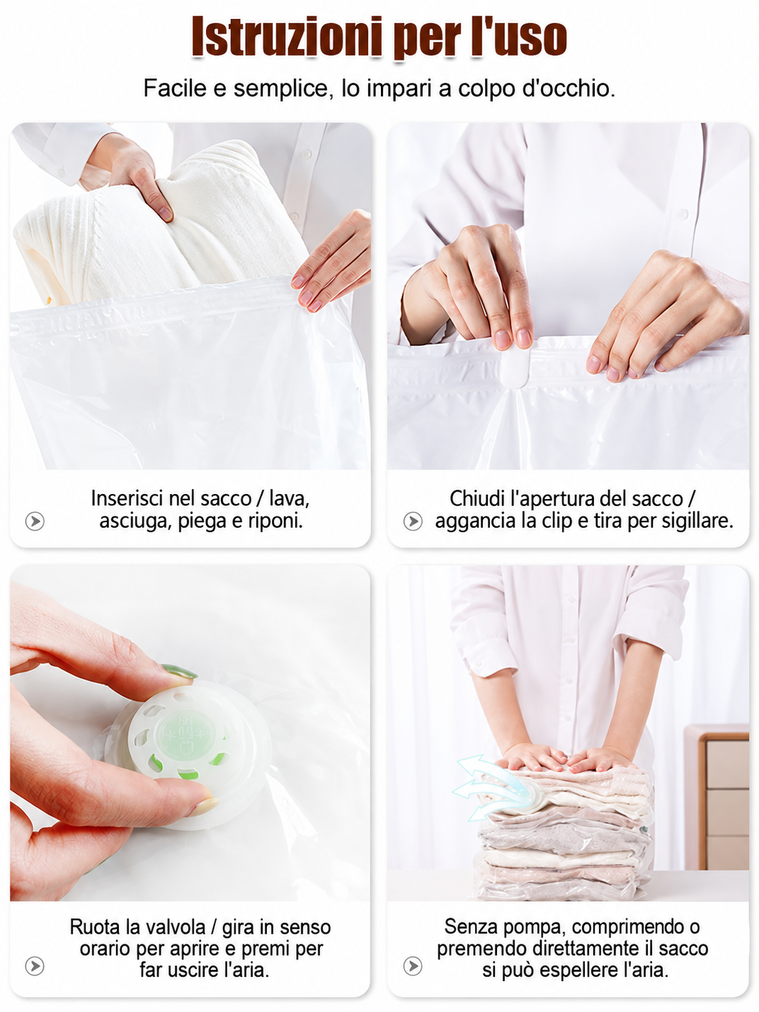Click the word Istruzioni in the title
pos(287,36)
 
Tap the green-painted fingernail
pos(179,671)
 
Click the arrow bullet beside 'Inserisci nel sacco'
pos(34,521)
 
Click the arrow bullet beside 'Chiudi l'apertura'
pos(412,521)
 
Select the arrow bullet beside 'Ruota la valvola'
pos(34,966)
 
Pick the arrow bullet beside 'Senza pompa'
pos(412,966)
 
